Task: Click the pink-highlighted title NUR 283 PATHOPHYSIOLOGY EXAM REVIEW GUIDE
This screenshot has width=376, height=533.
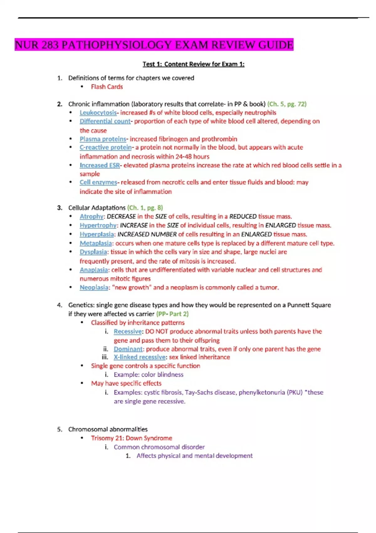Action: [x=154, y=45]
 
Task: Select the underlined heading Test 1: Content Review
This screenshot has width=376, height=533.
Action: [x=193, y=64]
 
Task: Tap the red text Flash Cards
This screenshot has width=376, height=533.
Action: [x=107, y=87]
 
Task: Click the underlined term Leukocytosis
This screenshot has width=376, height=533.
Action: [x=98, y=113]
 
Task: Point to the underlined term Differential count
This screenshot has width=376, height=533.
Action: [x=105, y=121]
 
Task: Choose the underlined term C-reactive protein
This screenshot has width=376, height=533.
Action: [x=106, y=147]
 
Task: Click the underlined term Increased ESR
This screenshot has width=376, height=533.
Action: [x=100, y=165]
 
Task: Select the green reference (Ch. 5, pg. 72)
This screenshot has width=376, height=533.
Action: [x=287, y=104]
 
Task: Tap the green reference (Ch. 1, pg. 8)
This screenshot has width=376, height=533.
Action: [x=145, y=208]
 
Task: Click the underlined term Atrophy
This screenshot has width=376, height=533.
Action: [x=91, y=217]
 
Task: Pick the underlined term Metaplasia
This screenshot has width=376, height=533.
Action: [x=96, y=243]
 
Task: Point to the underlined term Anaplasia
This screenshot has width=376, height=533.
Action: [x=94, y=270]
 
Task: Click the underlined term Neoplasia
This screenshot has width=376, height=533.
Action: [x=94, y=288]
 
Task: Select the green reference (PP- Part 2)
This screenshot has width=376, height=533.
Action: [x=172, y=314]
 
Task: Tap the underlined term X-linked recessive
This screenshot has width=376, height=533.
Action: [x=139, y=357]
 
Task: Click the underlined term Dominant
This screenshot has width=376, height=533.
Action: [x=128, y=349]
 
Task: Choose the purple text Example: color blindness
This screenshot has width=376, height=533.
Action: [x=149, y=375]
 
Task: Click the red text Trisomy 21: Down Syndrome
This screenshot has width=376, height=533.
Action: [x=132, y=438]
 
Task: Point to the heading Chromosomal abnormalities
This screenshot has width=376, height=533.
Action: [x=108, y=429]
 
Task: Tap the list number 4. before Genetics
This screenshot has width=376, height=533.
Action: [x=60, y=305]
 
